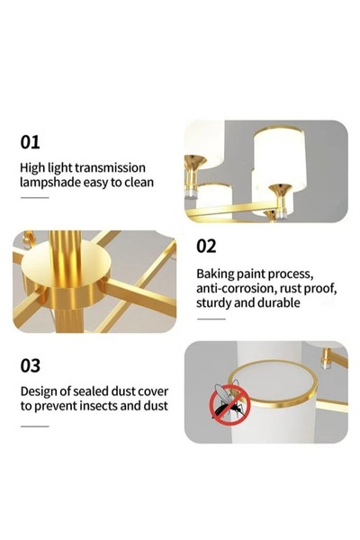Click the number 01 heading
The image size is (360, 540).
[x=30, y=142]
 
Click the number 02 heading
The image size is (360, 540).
[x=206, y=247]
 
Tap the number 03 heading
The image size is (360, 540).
[x=31, y=365]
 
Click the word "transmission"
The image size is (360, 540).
[x=110, y=167]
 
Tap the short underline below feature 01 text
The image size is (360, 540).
[x=35, y=198]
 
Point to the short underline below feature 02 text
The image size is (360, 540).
[x=211, y=319]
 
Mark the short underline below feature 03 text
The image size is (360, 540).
[x=35, y=427]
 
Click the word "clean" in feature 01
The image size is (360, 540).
[x=139, y=183]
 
